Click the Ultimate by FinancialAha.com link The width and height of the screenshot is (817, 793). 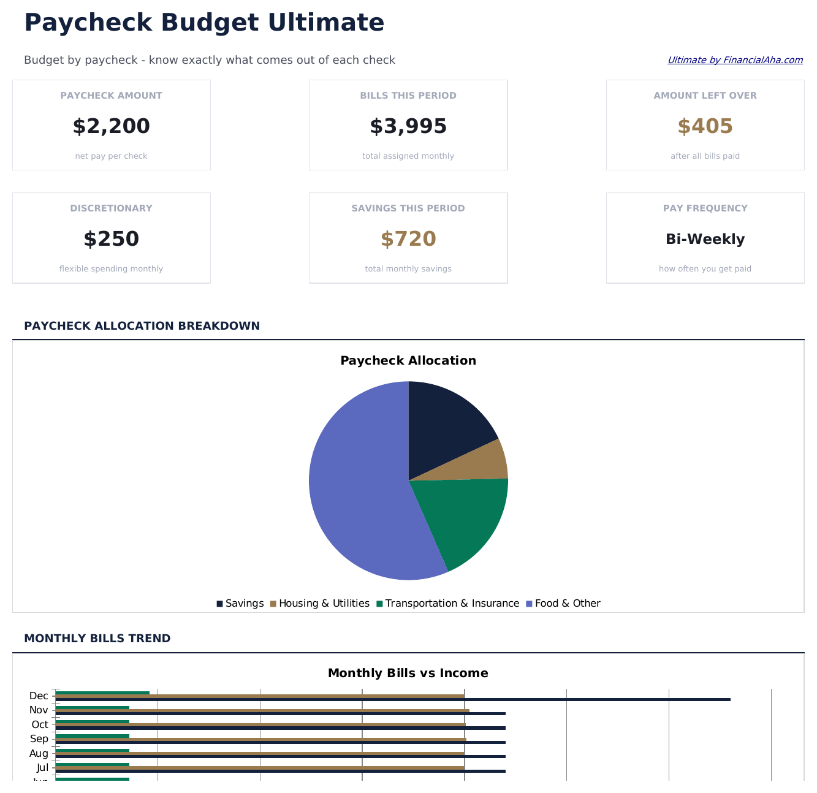tap(735, 60)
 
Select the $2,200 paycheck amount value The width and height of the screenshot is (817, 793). tap(111, 126)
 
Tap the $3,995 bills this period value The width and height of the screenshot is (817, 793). tap(408, 126)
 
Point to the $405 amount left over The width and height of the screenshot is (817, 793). tap(705, 126)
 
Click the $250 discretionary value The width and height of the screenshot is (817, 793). tap(111, 239)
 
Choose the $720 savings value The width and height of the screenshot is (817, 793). tap(408, 239)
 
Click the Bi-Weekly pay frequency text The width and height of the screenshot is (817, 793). tap(705, 239)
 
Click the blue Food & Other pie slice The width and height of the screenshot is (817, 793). tap(359, 490)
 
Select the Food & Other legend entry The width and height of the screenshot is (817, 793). tap(563, 604)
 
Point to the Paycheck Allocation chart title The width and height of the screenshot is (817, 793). tap(408, 360)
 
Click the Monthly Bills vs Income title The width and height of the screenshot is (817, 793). tap(408, 673)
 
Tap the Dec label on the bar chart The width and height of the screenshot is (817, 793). tap(39, 696)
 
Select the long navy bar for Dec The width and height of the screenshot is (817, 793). tap(392, 700)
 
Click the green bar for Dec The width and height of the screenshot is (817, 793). tap(102, 693)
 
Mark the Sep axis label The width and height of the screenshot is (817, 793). tap(39, 739)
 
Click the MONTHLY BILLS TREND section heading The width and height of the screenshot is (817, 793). tap(97, 639)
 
